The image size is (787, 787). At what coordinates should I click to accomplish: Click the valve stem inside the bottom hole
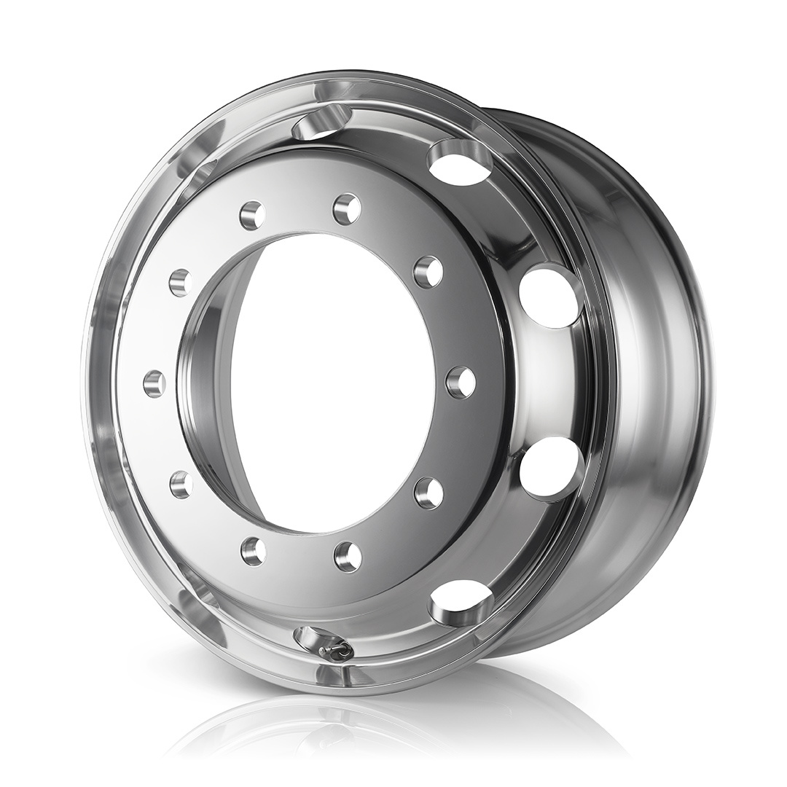334,651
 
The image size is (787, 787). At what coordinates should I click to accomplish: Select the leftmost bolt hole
154,383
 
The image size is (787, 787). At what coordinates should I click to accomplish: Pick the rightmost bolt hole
461,383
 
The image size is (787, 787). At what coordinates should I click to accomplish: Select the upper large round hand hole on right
552,296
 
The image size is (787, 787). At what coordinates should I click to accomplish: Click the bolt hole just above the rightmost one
428,272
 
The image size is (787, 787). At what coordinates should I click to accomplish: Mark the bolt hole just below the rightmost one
428,493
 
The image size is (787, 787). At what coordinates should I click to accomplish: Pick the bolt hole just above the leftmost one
180,282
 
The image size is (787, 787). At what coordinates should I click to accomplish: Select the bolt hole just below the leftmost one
181,485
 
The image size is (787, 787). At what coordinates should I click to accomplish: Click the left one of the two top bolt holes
252,216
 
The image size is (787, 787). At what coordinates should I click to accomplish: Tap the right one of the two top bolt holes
348,209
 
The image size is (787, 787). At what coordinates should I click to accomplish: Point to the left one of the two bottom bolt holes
253,551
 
